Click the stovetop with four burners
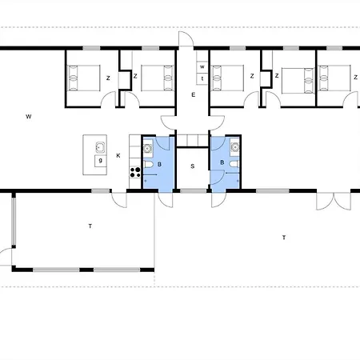pos(135,172)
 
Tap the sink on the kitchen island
pos(100,147)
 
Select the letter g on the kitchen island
pos(101,161)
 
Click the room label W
pos(29,117)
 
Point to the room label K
pos(118,155)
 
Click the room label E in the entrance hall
pos(194,94)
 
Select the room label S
pos(193,166)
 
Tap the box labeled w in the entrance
pos(202,66)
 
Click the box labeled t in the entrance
pos(202,78)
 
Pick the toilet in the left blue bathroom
pos(149,164)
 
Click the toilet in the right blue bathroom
pos(234,164)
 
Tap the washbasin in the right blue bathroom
pos(235,147)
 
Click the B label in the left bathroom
pos(159,164)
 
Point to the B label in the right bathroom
pos(222,162)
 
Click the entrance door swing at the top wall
pos(186,39)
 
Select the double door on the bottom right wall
pos(334,201)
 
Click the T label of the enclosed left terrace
pos(90,226)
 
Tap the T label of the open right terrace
pos(284,238)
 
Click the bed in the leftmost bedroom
pos(84,78)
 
